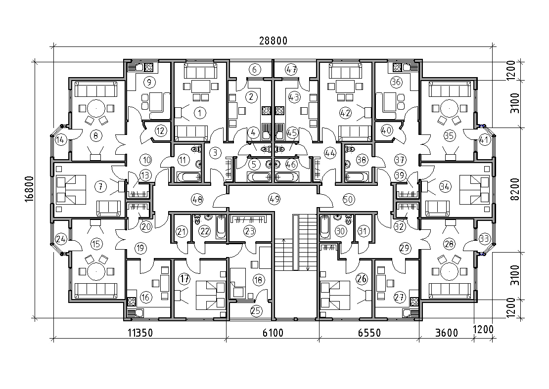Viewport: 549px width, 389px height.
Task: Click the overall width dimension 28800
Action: pos(273,41)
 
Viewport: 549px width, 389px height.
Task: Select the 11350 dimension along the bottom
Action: pos(140,333)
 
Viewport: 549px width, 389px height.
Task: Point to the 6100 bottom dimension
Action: pos(273,333)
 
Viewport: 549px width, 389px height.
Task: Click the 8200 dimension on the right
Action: pos(515,189)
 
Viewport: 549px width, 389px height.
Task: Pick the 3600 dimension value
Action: pos(447,333)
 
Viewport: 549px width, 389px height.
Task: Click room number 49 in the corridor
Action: pos(274,199)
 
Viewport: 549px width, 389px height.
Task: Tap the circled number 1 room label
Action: pos(200,113)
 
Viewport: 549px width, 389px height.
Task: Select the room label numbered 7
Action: pos(100,187)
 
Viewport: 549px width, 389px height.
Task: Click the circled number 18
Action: pos(258,280)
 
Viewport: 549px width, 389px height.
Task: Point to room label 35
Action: pos(449,135)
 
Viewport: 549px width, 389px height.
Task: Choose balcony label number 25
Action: pos(257,310)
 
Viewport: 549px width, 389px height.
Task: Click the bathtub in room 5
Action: pos(259,176)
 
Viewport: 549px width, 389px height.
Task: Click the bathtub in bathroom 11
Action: pos(189,176)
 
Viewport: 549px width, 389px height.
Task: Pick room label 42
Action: pos(346,113)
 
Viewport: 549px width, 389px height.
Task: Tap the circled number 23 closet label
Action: pos(249,231)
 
